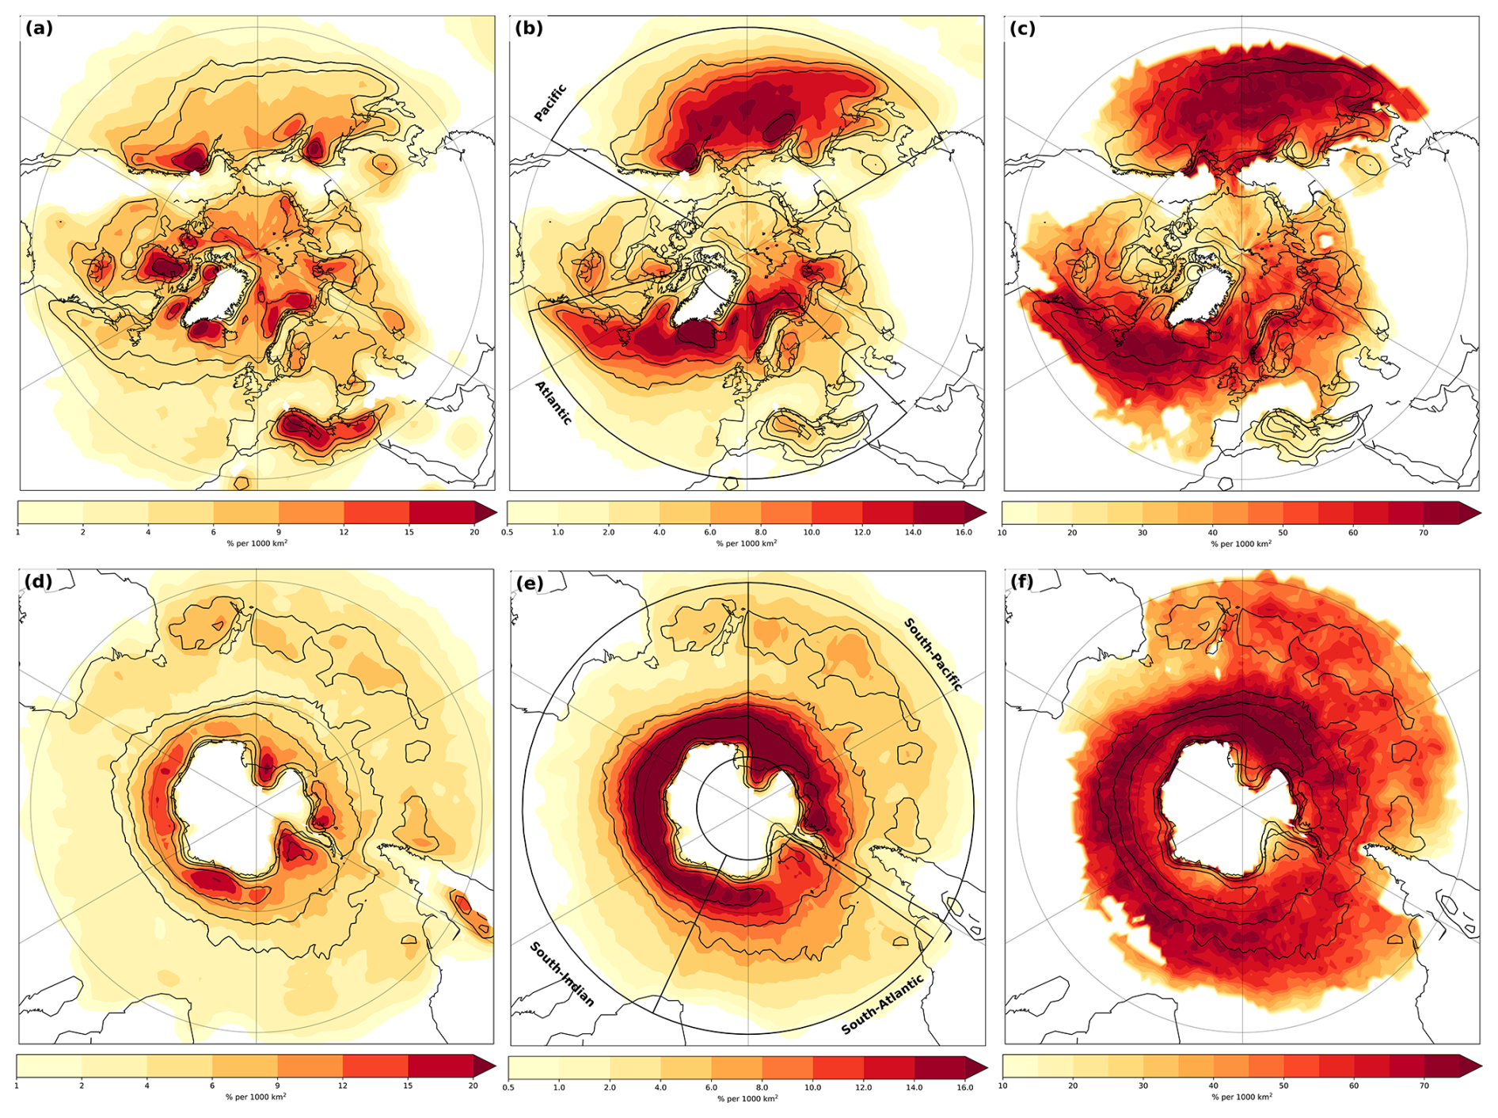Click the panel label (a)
point(39,29)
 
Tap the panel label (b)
point(528,29)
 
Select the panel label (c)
point(1022,29)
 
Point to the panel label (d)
point(38,582)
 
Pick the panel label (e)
point(529,584)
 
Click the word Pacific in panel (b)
point(550,103)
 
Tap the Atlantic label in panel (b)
point(553,402)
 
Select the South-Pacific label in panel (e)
point(933,655)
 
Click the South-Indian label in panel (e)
point(561,974)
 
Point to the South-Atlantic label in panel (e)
point(882,1005)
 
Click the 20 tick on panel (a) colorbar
point(474,532)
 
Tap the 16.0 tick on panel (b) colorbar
point(964,532)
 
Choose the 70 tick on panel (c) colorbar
point(1424,533)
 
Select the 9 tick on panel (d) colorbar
point(278,1086)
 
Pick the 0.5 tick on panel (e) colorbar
point(508,1087)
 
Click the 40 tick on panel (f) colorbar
point(1214,1086)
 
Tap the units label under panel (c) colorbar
point(1241,544)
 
